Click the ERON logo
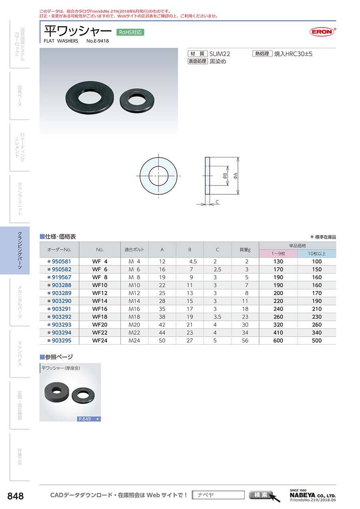[322, 32]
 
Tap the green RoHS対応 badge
[130, 32]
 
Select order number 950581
[62, 261]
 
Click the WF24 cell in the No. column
[100, 341]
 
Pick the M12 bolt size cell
[134, 293]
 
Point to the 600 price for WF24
[278, 341]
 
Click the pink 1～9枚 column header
[278, 254]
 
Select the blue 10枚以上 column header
[316, 254]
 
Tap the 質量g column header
[245, 250]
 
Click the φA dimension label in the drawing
[235, 176]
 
